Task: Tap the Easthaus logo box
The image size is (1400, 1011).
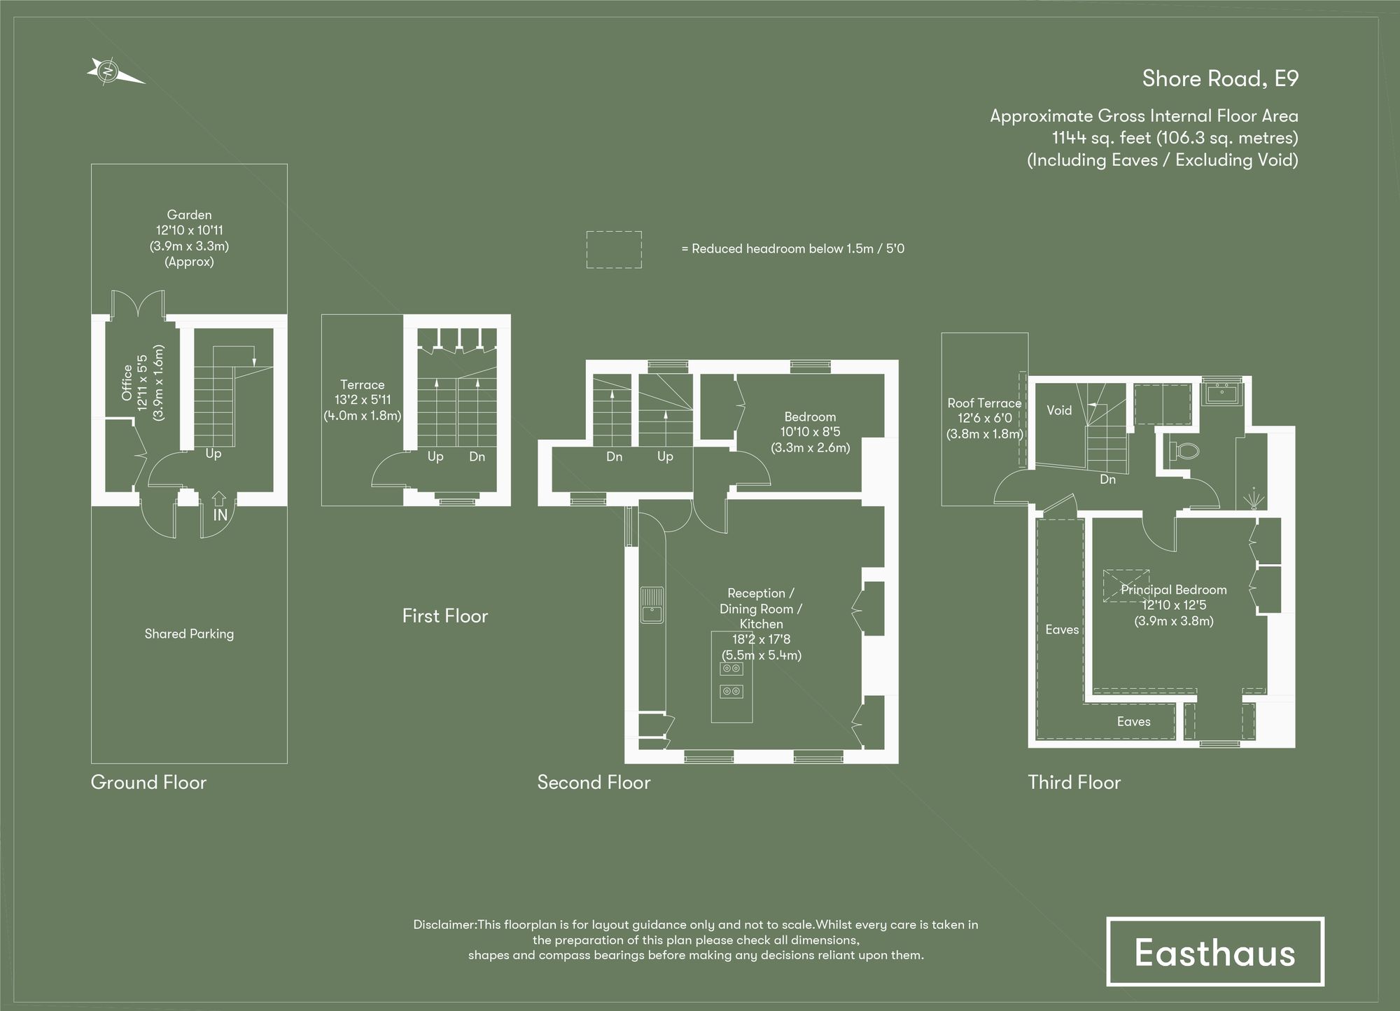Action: (1214, 951)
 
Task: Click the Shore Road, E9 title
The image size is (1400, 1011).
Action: (1219, 78)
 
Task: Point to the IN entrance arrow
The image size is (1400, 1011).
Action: (220, 500)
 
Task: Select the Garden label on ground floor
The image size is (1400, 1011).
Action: (189, 215)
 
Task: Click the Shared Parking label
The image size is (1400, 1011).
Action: (189, 634)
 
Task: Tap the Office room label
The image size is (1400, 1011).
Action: (127, 382)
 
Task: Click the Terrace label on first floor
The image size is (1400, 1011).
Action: (362, 384)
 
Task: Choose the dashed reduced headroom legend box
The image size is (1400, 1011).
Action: (614, 249)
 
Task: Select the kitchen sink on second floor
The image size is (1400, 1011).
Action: (652, 606)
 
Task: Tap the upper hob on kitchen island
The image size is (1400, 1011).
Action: (731, 669)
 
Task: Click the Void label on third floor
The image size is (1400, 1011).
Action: (1059, 410)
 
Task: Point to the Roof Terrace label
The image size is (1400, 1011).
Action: (984, 403)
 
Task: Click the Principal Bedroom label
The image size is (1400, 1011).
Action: (1173, 590)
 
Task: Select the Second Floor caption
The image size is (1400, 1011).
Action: (594, 782)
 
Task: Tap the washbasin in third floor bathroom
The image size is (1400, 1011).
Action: (1221, 393)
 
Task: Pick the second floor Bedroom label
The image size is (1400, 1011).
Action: (810, 417)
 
